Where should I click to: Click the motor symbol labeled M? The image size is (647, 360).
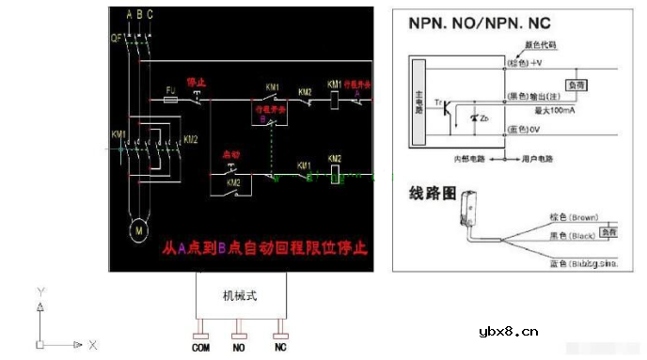click(138, 228)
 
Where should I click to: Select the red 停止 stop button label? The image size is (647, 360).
click(197, 83)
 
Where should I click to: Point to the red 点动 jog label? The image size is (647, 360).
click(232, 153)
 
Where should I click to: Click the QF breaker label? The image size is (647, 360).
click(117, 39)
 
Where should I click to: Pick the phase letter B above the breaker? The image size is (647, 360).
click(138, 14)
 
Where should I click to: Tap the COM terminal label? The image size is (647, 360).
click(201, 348)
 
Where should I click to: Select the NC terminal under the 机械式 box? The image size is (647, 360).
click(279, 348)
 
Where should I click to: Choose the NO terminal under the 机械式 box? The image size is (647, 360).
click(240, 348)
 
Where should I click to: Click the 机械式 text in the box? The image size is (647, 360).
click(239, 295)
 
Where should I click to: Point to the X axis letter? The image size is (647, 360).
click(94, 345)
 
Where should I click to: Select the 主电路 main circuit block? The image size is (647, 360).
click(419, 102)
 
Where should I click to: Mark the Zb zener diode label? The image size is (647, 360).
click(482, 120)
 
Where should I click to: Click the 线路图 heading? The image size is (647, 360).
click(433, 195)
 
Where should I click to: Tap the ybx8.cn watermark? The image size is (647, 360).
click(508, 330)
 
